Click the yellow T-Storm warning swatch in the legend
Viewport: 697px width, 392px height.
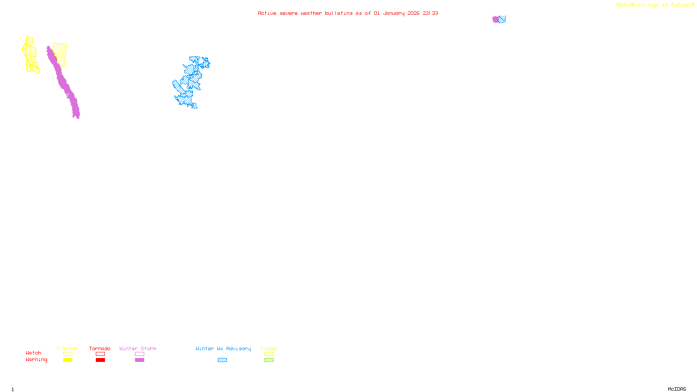[x=68, y=360]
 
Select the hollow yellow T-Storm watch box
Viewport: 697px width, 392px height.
[x=68, y=354]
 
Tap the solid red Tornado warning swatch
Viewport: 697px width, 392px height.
[x=100, y=360]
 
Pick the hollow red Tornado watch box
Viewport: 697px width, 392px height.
[x=100, y=354]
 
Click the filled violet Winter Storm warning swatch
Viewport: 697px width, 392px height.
[x=139, y=360]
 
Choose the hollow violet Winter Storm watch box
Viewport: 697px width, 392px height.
[x=139, y=354]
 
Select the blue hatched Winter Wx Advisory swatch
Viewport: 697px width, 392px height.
[x=222, y=360]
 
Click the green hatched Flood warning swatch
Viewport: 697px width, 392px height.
[x=269, y=360]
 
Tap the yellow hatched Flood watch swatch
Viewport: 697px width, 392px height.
[x=269, y=354]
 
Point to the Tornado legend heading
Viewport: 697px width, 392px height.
[x=100, y=348]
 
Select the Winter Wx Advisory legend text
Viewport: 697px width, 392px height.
[x=223, y=348]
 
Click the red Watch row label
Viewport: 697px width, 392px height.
[x=34, y=353]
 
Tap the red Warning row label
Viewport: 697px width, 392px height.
[x=36, y=360]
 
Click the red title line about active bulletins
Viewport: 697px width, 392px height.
[x=348, y=13]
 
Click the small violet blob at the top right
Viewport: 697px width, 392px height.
[x=495, y=19]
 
